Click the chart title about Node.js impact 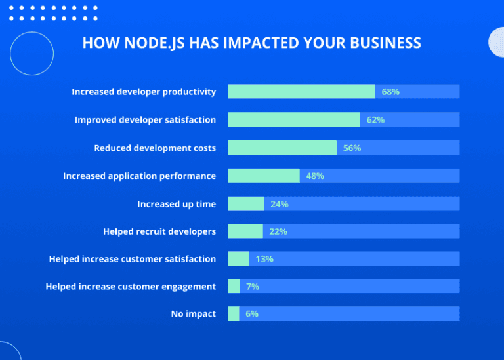pos(252,43)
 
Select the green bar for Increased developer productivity pos(301,92)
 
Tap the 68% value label pos(390,92)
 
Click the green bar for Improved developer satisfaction pos(294,119)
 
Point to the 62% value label pos(375,120)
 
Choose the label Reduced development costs pos(155,148)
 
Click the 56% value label pos(352,148)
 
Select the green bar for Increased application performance pos(264,176)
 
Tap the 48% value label pos(315,176)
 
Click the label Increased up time pos(177,204)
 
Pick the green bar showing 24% pos(246,204)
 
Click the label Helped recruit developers pos(159,231)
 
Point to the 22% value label pos(278,231)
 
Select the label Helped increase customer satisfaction pos(132,259)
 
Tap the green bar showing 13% pos(238,259)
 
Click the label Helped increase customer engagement pos(131,287)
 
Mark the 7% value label pos(253,287)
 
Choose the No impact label pos(193,314)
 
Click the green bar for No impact pos(234,314)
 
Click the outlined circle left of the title pos(31,54)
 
